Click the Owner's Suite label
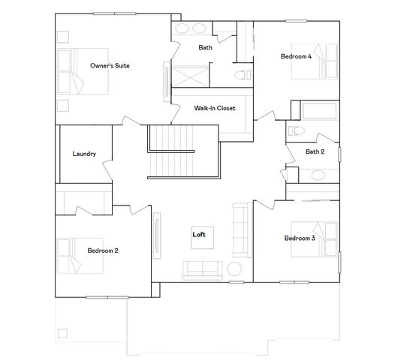pos(110,67)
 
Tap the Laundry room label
pos(84,154)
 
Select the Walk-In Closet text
pos(215,108)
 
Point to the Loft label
pos(199,235)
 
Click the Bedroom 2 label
pos(102,250)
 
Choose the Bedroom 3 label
pos(299,238)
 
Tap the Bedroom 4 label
pos(296,56)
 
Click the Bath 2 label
pos(315,151)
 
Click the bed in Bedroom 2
pos(70,255)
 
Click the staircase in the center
pos(170,150)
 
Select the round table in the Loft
pos(234,268)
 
